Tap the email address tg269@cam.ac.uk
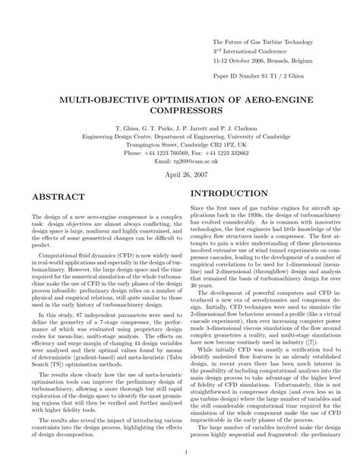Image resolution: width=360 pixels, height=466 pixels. (x=179, y=160)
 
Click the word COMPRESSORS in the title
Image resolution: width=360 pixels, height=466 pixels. (x=179, y=111)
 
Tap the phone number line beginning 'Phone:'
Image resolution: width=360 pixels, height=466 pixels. (x=179, y=152)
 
